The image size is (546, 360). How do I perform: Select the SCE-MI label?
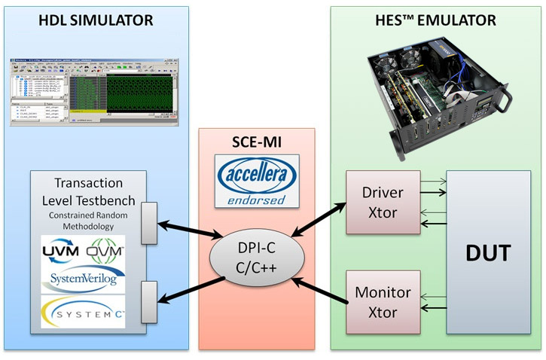[x=256, y=141]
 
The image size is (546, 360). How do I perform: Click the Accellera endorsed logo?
[x=256, y=180]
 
